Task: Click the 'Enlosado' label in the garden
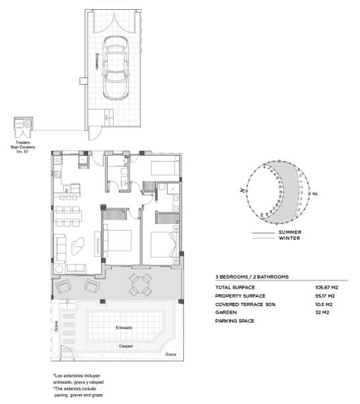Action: (125, 327)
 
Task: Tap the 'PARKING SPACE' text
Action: (236, 321)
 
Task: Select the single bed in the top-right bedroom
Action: (164, 167)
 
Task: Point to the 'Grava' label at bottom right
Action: (171, 355)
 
